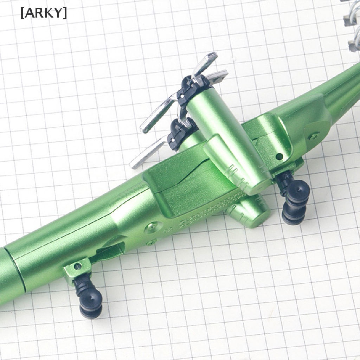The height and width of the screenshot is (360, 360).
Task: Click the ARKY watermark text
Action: pyautogui.click(x=44, y=14)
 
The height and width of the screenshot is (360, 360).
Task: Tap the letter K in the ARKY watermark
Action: pyautogui.click(x=49, y=14)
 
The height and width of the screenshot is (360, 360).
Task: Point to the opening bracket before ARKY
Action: pyautogui.click(x=22, y=14)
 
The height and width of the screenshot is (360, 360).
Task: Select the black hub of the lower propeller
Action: pyautogui.click(x=178, y=133)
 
